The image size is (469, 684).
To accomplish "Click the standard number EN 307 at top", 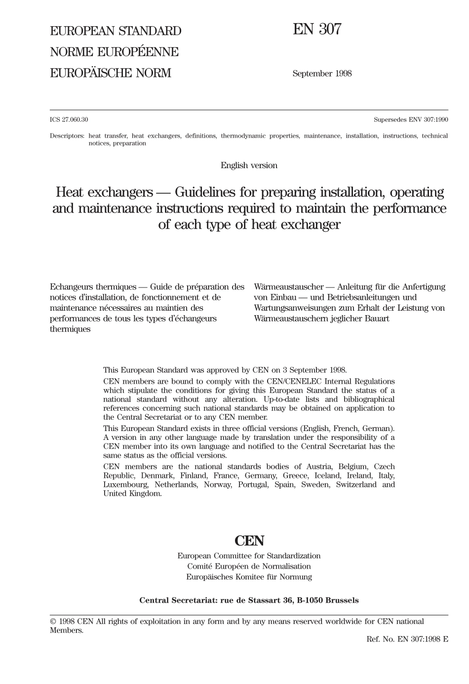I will point(317,30).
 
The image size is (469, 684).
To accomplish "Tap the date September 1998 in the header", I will point(322,73).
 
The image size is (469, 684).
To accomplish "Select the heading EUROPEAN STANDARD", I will point(116,31).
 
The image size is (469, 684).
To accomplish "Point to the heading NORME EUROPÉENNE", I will point(114,52).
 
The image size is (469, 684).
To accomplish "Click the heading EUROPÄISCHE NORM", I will point(110,73).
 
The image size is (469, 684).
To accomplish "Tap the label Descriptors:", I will point(67,136).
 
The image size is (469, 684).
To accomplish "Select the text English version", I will point(249,165).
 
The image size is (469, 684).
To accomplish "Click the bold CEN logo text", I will point(249,541).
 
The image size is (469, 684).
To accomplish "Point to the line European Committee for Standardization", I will point(249,556).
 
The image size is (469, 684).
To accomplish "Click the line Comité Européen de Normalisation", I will point(249,566).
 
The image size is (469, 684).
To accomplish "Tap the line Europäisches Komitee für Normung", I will point(249,576).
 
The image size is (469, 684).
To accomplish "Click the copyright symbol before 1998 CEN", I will point(53,621).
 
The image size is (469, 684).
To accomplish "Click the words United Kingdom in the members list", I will point(132,494).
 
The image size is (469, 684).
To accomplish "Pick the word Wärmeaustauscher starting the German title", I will point(288,287).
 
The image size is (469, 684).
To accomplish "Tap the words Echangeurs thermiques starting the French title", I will point(93,287).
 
